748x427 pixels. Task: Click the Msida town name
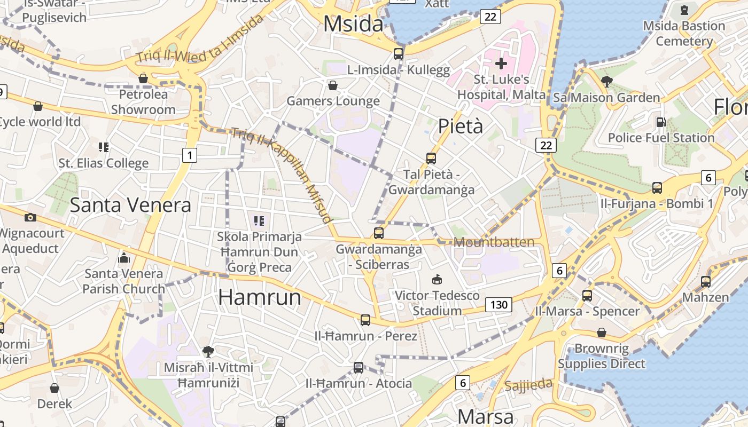click(354, 25)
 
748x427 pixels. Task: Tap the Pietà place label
click(461, 126)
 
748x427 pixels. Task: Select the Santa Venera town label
click(130, 205)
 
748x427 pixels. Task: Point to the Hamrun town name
click(260, 297)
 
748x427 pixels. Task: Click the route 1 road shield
click(190, 155)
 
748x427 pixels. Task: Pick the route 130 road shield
click(498, 305)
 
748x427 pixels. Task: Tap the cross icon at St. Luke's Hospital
click(501, 64)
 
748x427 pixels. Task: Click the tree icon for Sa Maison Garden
click(606, 82)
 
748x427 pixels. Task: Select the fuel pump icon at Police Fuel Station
click(661, 122)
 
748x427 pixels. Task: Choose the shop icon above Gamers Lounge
click(333, 85)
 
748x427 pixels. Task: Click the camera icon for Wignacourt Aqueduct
click(30, 217)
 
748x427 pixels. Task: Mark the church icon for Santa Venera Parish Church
click(124, 258)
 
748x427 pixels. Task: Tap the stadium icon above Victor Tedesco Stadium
click(437, 279)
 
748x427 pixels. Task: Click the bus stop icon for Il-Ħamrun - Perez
click(365, 320)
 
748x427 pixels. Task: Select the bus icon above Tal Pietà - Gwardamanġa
click(431, 159)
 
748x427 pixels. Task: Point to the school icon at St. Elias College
click(104, 147)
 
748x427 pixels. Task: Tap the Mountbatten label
click(494, 242)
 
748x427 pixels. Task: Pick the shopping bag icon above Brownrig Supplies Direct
click(602, 333)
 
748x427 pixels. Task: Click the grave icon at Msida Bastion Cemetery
click(684, 10)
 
